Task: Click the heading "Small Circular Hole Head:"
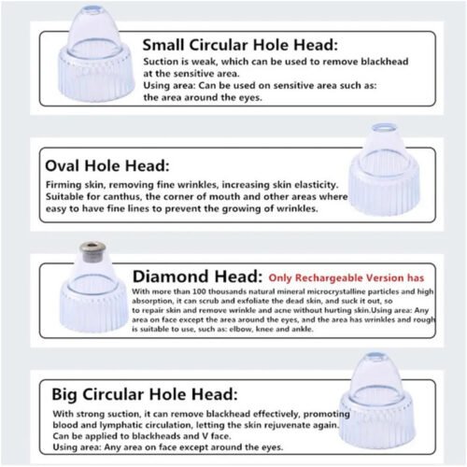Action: tap(240, 45)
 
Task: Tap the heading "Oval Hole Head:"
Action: tap(107, 165)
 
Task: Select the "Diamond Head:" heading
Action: tap(198, 276)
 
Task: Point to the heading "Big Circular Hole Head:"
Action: tap(145, 394)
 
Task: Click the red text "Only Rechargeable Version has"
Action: tap(347, 277)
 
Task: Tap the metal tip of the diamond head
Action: tap(92, 251)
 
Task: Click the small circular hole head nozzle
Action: tap(96, 53)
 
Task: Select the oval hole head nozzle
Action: tap(384, 170)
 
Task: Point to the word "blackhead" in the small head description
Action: tap(385, 62)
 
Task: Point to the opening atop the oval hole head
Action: tap(384, 127)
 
